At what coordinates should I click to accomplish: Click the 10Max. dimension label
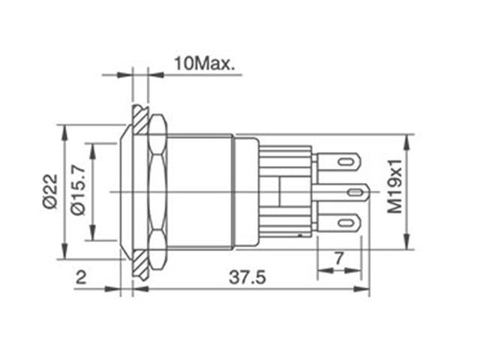pyautogui.click(x=204, y=63)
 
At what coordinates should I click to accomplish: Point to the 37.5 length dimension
pyautogui.click(x=247, y=277)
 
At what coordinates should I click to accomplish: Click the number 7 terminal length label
pyautogui.click(x=338, y=258)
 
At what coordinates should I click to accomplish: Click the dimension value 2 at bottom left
pyautogui.click(x=80, y=277)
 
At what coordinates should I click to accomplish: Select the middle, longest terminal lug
pyautogui.click(x=341, y=193)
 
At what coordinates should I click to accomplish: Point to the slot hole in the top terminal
pyautogui.click(x=346, y=161)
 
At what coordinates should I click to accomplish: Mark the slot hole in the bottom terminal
pyautogui.click(x=346, y=223)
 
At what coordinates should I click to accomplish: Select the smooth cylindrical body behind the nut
pyautogui.click(x=199, y=192)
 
